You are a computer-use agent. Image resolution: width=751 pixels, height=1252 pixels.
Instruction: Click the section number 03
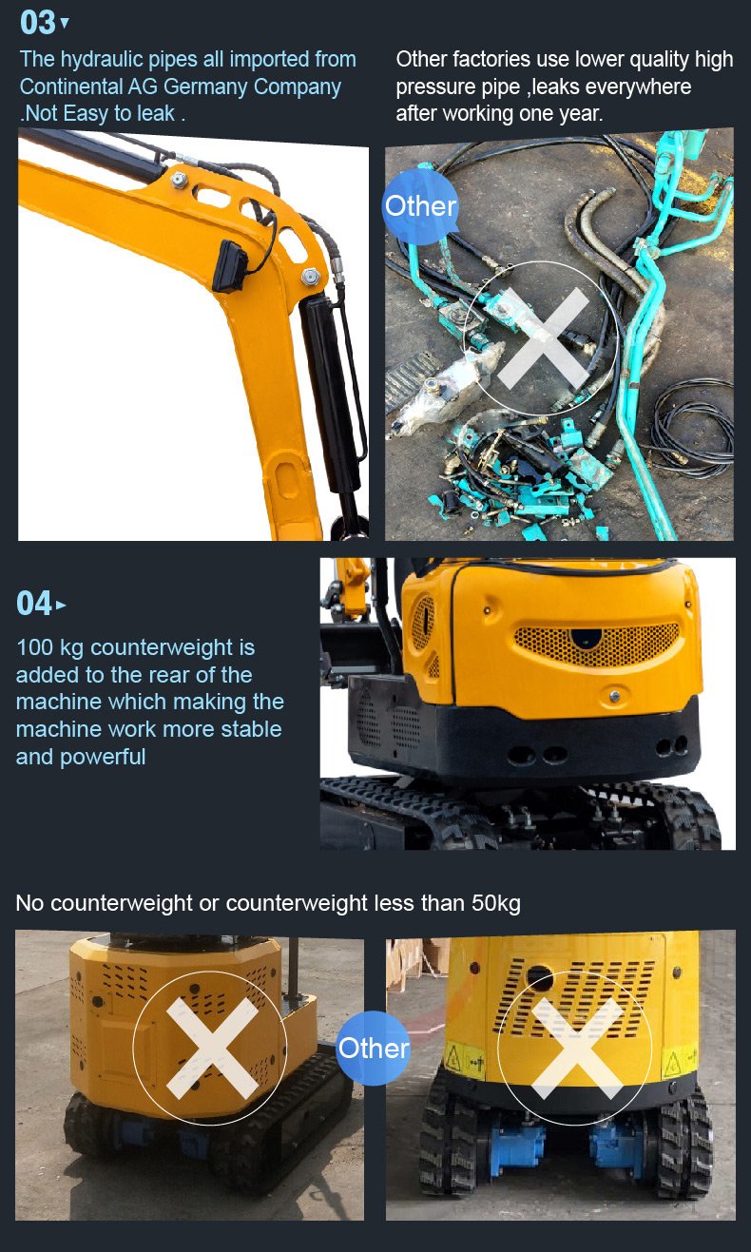tap(37, 24)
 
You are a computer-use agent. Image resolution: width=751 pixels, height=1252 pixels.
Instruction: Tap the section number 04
tap(34, 604)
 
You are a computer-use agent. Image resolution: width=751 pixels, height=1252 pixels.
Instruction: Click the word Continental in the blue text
tap(69, 87)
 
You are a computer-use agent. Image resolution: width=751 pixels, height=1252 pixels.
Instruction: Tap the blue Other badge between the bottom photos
tap(374, 1048)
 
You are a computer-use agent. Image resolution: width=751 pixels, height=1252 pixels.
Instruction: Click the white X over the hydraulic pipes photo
tap(543, 339)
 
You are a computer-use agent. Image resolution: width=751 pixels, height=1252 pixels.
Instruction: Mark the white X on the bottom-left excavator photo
tap(212, 1047)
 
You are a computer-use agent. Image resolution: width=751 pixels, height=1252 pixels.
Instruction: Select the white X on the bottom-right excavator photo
tap(577, 1047)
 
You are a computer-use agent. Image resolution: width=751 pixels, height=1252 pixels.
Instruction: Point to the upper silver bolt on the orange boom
tap(179, 180)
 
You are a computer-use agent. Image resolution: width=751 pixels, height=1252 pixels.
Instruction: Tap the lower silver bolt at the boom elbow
tap(310, 276)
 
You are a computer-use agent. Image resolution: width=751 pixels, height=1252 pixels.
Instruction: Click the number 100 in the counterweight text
tap(34, 647)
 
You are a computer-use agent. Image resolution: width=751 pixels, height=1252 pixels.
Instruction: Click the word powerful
tap(103, 758)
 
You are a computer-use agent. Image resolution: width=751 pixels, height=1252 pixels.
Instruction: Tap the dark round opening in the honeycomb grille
tap(585, 638)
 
